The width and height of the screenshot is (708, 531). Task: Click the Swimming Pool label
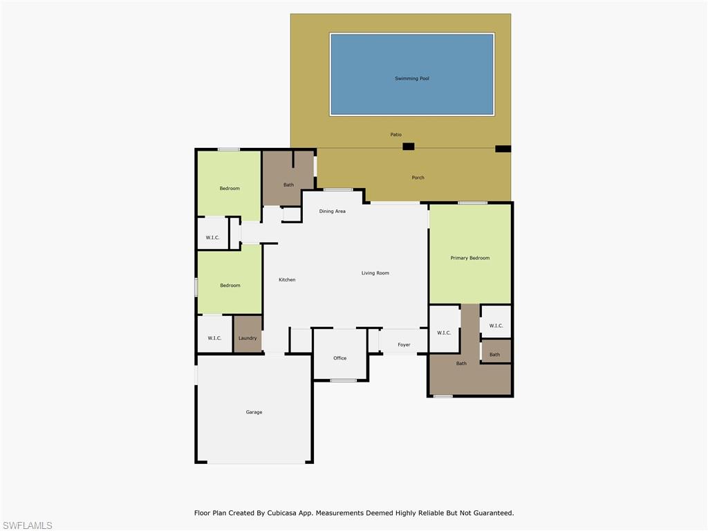click(x=412, y=79)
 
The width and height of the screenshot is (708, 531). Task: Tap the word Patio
click(x=395, y=135)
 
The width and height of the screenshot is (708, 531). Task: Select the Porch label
click(x=418, y=178)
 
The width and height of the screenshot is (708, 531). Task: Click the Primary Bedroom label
click(x=469, y=258)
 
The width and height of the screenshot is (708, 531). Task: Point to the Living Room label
click(x=375, y=273)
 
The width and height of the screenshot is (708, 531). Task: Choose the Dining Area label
click(x=332, y=211)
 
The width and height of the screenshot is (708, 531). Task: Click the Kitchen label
click(x=287, y=280)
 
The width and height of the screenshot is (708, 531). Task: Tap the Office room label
click(x=339, y=358)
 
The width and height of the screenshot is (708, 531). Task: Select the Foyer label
click(x=404, y=344)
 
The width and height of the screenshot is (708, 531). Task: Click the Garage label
click(x=254, y=412)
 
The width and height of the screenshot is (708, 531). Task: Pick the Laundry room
click(x=248, y=338)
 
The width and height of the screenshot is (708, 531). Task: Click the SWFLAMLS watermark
click(x=27, y=525)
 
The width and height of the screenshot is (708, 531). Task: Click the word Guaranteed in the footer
click(x=490, y=513)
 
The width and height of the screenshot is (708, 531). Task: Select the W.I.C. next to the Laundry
click(x=214, y=338)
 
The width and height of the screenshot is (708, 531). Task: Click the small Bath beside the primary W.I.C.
click(x=494, y=355)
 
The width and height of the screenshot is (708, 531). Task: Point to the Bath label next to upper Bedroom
click(x=288, y=185)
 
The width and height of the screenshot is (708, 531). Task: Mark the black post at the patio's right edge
click(x=503, y=149)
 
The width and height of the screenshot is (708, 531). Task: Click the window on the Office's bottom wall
click(x=343, y=380)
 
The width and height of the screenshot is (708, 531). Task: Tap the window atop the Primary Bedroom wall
click(x=472, y=203)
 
